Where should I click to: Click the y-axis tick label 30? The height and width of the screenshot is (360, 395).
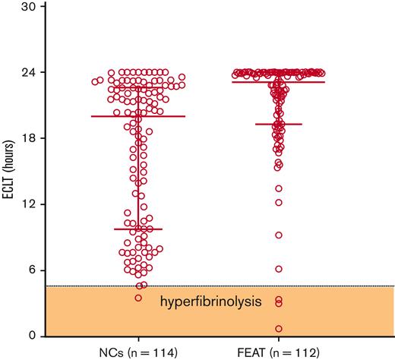[x=29, y=6]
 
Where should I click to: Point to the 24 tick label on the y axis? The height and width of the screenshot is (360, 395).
[x=29, y=72]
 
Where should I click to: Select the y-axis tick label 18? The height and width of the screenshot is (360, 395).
[x=29, y=138]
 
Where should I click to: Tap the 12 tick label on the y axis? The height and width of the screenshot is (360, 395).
[x=29, y=204]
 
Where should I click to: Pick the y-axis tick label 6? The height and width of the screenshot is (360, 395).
[x=32, y=270]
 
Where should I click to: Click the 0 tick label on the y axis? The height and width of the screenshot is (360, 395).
[x=32, y=336]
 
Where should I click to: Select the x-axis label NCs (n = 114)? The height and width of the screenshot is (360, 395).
[x=138, y=352]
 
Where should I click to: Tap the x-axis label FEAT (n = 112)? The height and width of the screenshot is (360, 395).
[x=279, y=352]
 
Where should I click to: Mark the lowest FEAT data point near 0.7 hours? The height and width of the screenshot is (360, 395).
[x=279, y=329]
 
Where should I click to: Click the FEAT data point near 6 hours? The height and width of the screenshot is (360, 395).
[x=279, y=269]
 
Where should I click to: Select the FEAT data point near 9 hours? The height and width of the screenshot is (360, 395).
[x=279, y=235]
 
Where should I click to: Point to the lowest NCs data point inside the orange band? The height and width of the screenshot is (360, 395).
[x=137, y=298]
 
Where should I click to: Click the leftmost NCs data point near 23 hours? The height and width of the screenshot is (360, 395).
[x=94, y=81]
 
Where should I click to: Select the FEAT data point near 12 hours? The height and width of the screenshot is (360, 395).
[x=279, y=202]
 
